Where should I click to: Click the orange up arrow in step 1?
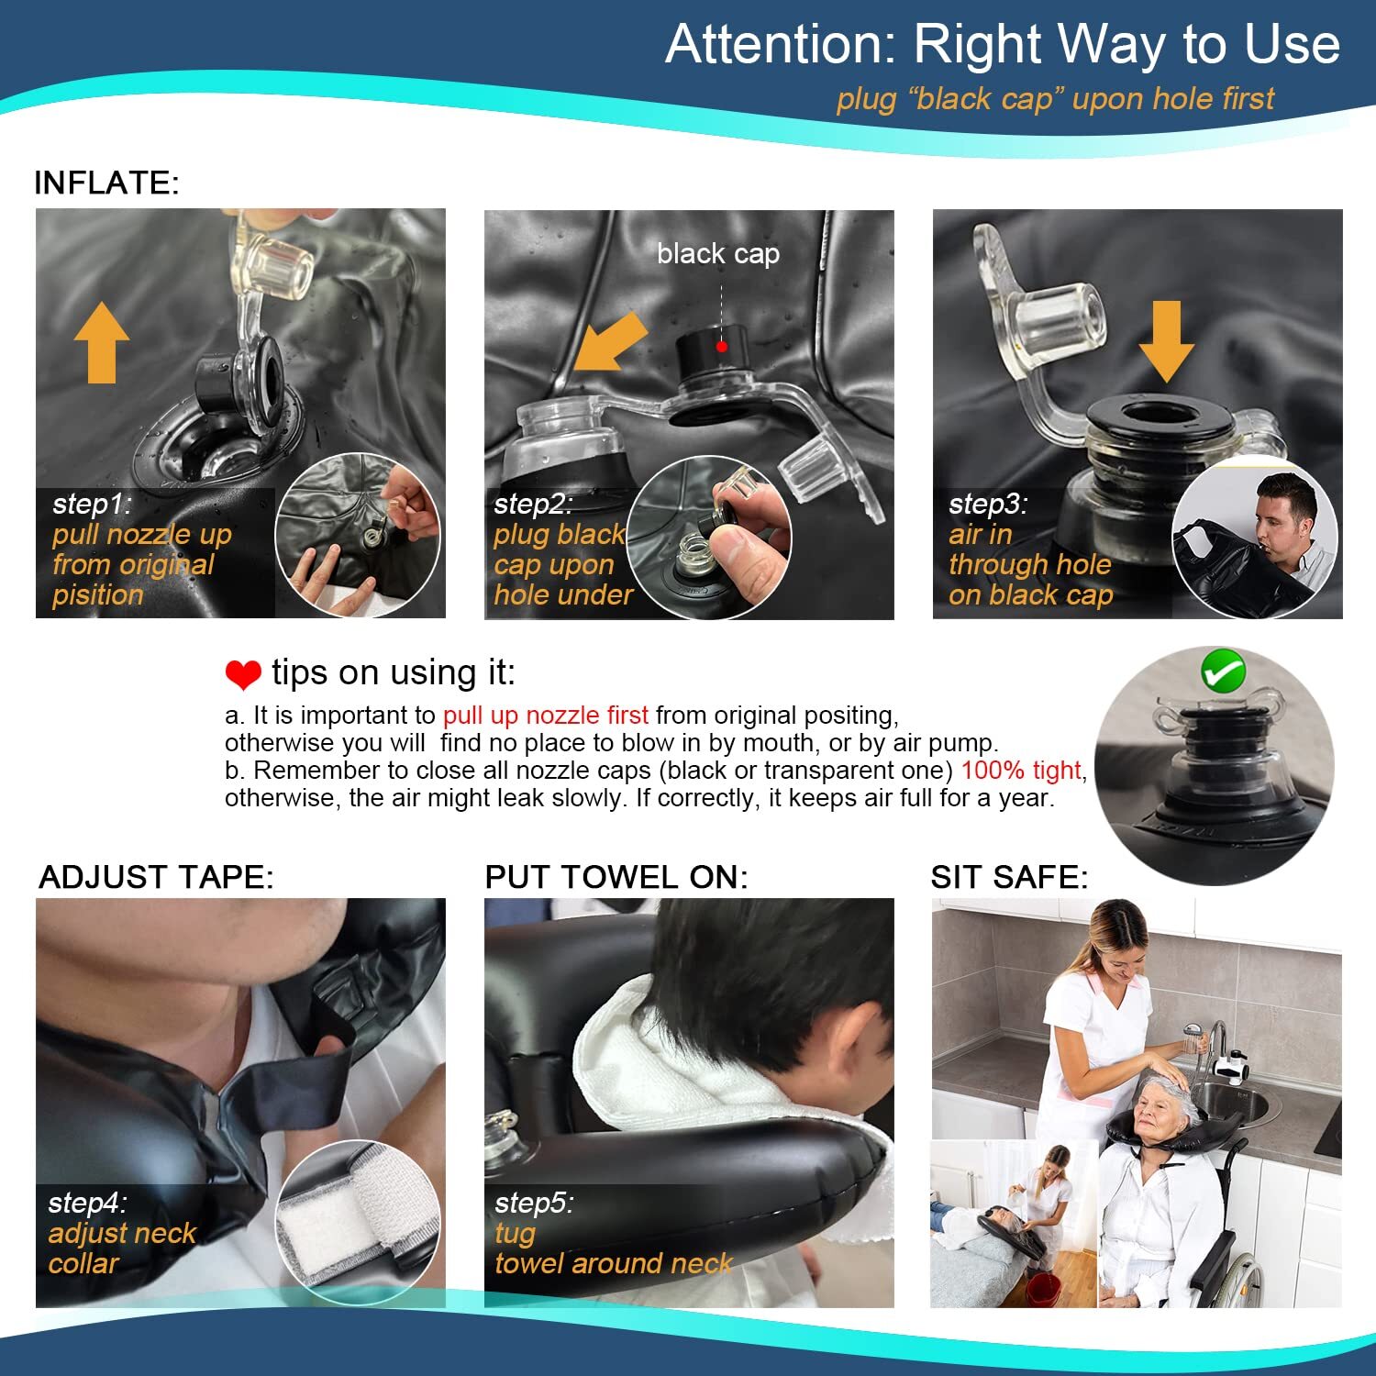click(x=102, y=343)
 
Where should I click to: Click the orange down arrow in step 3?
click(x=1166, y=341)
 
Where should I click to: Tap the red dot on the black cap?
click(x=722, y=346)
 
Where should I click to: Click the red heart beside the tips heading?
click(x=243, y=675)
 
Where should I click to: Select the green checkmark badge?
click(x=1224, y=671)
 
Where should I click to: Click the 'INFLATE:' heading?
click(x=106, y=183)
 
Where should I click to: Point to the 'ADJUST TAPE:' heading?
click(x=156, y=877)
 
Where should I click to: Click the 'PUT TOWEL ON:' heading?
click(x=616, y=877)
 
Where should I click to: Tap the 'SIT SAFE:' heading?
click(x=1009, y=877)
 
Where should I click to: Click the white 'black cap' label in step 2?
click(x=718, y=253)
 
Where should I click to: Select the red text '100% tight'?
click(x=1022, y=770)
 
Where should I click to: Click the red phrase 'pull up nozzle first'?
click(x=546, y=715)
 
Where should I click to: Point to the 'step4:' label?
click(x=88, y=1203)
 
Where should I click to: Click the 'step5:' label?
click(x=534, y=1203)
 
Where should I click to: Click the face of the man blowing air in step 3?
click(x=1279, y=522)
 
